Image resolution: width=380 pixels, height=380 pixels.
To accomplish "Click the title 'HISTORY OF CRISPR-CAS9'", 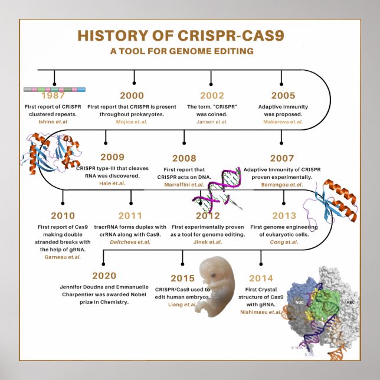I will click(x=181, y=36).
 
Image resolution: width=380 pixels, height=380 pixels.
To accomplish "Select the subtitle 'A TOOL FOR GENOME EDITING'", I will click(x=182, y=51).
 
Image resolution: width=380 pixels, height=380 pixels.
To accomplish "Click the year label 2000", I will click(x=132, y=96).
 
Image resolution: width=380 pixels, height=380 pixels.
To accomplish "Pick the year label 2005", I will click(x=283, y=96).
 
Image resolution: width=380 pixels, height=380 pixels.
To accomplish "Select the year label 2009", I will click(x=112, y=157).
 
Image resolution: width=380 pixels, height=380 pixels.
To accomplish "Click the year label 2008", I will click(x=184, y=158).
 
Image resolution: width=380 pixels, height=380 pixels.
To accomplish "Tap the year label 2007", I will click(x=281, y=158).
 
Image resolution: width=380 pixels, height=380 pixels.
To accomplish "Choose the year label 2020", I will click(x=104, y=276).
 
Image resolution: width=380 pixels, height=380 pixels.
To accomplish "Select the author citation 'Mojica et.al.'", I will click(x=132, y=122).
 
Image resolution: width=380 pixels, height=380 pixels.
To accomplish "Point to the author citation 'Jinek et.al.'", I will click(x=208, y=242).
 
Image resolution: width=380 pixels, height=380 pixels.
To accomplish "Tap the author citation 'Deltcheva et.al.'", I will click(x=130, y=242).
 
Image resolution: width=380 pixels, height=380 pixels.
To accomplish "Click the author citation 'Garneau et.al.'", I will click(x=63, y=257).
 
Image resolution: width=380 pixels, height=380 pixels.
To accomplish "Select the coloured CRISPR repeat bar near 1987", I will click(x=54, y=89).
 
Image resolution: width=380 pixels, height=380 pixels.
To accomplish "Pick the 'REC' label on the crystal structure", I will click(x=350, y=302).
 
